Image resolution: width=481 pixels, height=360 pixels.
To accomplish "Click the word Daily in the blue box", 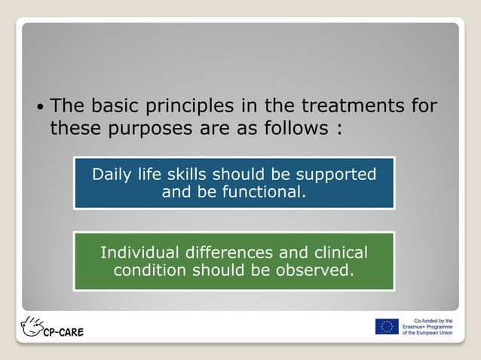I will click(x=112, y=175).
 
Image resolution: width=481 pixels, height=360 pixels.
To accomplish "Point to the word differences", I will click(x=230, y=252).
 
